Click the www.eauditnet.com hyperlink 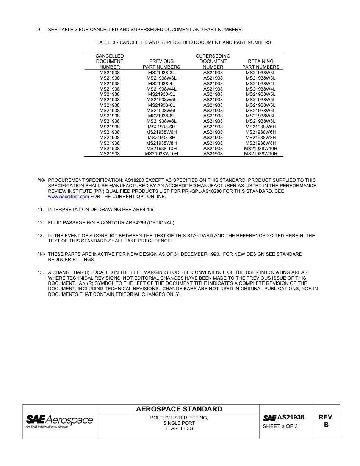click(68, 197)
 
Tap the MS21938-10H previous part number click(161, 149)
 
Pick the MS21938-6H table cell click(161, 127)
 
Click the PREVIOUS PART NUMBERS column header click(161, 64)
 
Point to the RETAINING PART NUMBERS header click(261, 64)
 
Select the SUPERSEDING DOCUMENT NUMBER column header click(213, 61)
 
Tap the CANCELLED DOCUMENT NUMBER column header click(110, 61)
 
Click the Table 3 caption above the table click(183, 42)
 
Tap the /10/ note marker click(41, 180)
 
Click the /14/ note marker click(41, 254)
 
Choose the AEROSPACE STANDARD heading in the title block click(179, 409)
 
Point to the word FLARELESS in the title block click(179, 428)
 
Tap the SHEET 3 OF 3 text click(280, 427)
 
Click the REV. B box click(326, 421)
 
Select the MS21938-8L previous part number click(161, 116)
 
